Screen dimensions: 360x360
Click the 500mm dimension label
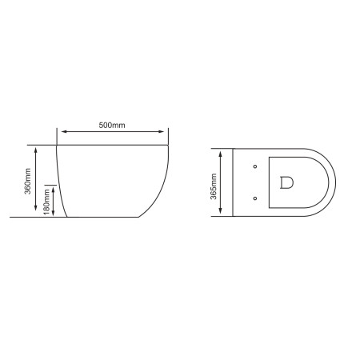pyautogui.click(x=113, y=125)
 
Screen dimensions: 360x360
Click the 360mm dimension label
pyautogui.click(x=29, y=182)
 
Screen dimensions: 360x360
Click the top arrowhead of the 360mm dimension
pyautogui.click(x=36, y=148)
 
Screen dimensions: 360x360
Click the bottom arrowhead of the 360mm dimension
pyautogui.click(x=36, y=214)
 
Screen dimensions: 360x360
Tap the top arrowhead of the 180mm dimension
pyautogui.click(x=55, y=184)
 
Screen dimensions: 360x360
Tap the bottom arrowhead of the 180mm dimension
pyautogui.click(x=55, y=214)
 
